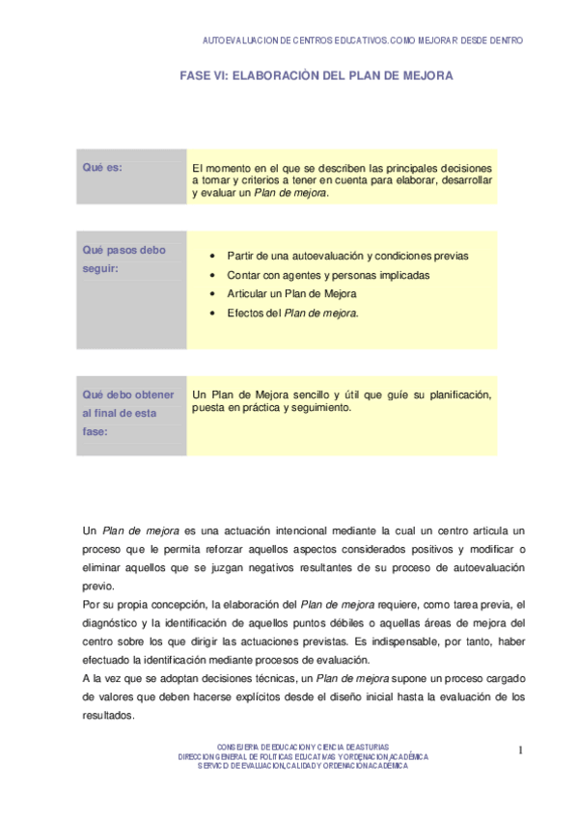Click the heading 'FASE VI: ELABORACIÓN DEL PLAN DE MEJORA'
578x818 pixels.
pyautogui.click(x=317, y=74)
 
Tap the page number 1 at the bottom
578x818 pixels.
pyautogui.click(x=519, y=750)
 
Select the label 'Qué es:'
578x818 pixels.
pyautogui.click(x=102, y=168)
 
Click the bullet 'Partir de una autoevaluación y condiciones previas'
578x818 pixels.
pyautogui.click(x=347, y=256)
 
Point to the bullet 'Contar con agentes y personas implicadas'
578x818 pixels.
pyautogui.click(x=328, y=275)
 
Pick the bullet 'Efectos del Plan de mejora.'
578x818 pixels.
pyautogui.click(x=293, y=313)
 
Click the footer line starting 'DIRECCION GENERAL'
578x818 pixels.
pyautogui.click(x=303, y=757)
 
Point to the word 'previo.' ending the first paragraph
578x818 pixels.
pyautogui.click(x=98, y=586)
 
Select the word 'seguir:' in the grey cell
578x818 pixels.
pyautogui.click(x=100, y=268)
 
